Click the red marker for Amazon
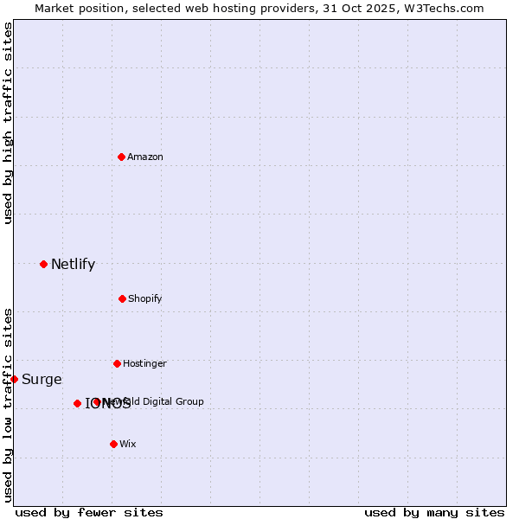coord(121,157)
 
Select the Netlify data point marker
coord(43,264)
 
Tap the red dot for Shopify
coord(122,298)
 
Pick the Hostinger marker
coord(117,363)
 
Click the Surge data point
coord(14,379)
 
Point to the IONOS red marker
coord(77,403)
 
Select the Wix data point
coord(113,444)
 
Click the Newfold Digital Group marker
coord(96,401)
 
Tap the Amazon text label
coord(145,157)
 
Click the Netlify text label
coord(73,265)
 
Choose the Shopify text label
coord(145,298)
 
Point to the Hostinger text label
coord(144,363)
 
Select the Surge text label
coord(42,380)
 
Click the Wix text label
coord(128,444)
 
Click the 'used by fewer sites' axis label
coord(89,512)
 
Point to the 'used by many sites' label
coord(434,512)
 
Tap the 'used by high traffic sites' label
coord(8,123)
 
